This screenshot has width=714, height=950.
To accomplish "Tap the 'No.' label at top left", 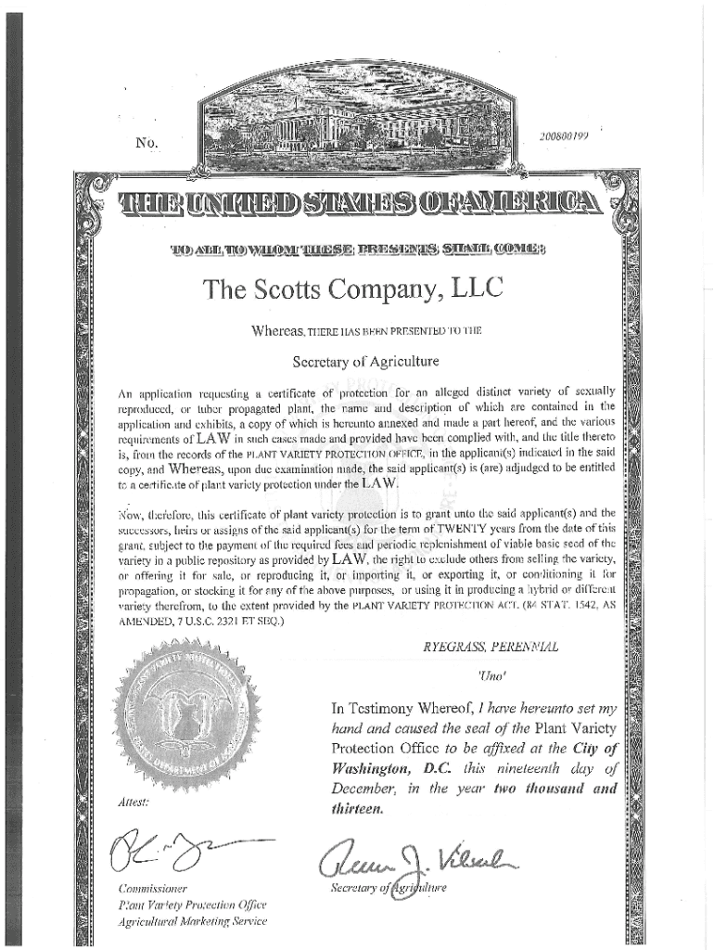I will (x=146, y=144).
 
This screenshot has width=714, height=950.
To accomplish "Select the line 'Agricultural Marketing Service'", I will (x=192, y=920).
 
